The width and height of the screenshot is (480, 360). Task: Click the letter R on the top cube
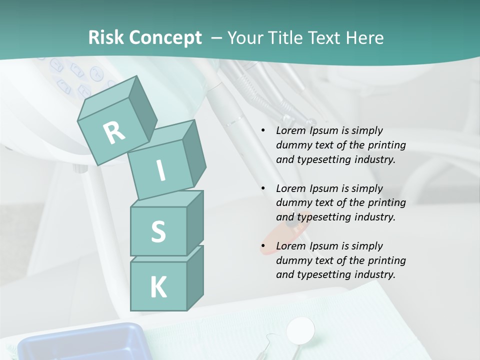click(114, 132)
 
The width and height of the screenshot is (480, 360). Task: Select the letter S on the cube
click(158, 231)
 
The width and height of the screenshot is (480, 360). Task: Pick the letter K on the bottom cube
click(158, 287)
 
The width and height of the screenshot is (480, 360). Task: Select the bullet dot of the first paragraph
click(263, 131)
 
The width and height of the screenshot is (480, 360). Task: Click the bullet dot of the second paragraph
click(263, 189)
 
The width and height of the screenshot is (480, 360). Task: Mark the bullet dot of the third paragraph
click(263, 246)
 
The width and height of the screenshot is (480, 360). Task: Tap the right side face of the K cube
click(195, 277)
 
